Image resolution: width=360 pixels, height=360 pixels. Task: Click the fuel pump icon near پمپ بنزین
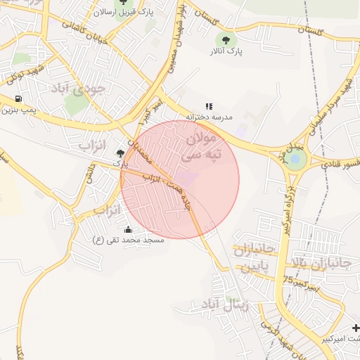(18, 99)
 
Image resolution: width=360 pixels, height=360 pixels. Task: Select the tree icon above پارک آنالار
(226, 39)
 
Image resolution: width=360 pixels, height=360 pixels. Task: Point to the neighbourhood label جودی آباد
(77, 89)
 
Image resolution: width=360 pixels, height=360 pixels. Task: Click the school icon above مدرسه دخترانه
(209, 106)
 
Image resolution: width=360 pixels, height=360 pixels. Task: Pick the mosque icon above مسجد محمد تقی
(128, 229)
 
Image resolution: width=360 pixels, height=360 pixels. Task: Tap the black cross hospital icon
(356, 328)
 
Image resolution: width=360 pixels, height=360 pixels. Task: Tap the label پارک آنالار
(226, 51)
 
